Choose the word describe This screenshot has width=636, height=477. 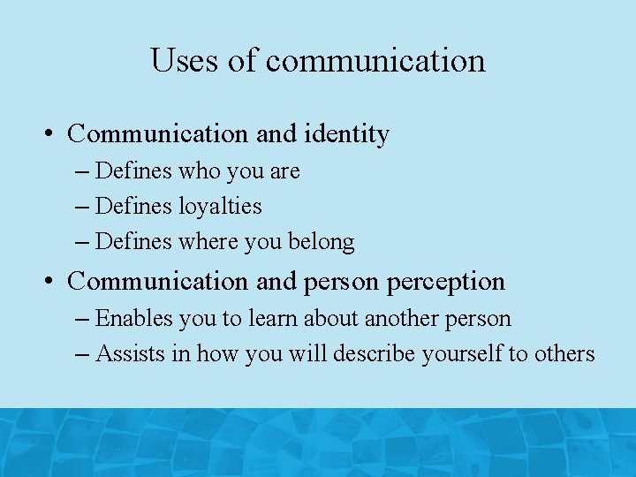372,354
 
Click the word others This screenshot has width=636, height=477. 563,354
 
